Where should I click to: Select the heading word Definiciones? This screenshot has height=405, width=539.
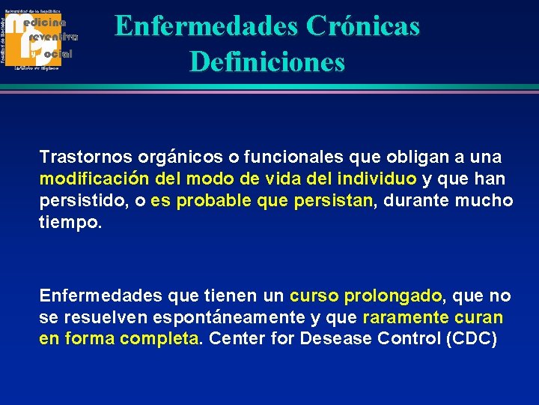[x=267, y=61]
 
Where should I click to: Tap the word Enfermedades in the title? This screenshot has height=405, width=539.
[x=207, y=26]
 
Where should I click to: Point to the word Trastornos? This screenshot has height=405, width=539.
[x=85, y=157]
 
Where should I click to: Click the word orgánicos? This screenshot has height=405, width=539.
[x=180, y=157]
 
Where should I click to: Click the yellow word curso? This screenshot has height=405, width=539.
[x=314, y=295]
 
